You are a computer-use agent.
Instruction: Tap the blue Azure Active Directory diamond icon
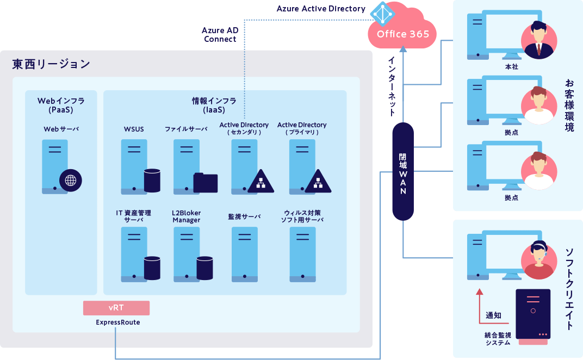382,14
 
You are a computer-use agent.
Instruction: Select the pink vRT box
116,308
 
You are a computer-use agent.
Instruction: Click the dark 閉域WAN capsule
403,171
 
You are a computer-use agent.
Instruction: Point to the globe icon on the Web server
71,181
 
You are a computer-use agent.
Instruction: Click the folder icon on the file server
206,183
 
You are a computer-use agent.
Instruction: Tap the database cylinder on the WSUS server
152,181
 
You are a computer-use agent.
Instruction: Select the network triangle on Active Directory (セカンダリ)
261,182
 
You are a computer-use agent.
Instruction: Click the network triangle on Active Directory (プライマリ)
318,182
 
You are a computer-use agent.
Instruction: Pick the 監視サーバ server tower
245,255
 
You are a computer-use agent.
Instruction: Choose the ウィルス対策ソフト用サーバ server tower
303,255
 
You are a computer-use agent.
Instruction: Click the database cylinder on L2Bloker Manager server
205,268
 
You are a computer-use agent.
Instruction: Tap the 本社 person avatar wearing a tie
539,40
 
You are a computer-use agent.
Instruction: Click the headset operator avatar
539,260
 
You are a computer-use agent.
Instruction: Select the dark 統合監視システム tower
533,316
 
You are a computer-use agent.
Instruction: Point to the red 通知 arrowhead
480,292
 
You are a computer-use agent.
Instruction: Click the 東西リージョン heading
51,64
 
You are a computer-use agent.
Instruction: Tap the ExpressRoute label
118,322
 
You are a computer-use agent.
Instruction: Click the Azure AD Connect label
220,35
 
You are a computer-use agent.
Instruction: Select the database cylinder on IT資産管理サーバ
152,268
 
